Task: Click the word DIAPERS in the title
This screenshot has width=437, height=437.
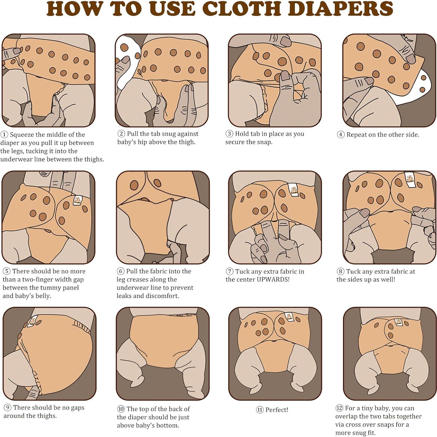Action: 342,8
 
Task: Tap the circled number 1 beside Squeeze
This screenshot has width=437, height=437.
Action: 4,135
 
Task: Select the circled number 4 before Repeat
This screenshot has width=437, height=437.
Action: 340,135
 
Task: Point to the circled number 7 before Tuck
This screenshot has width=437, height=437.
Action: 229,271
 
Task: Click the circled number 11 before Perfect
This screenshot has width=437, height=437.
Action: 260,410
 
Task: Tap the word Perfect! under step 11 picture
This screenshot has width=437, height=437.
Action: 277,410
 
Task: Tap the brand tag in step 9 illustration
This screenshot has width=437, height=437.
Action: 33,321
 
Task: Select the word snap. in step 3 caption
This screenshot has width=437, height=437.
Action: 264,142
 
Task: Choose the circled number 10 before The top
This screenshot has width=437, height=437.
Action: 121,409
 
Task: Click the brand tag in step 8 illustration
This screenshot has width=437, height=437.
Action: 408,178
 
